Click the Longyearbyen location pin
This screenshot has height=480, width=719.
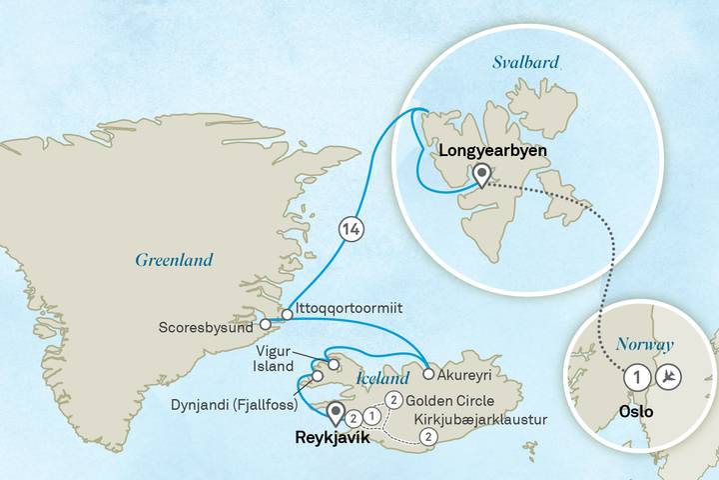481,177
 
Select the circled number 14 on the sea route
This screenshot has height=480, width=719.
350,230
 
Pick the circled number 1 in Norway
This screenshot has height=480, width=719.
634,378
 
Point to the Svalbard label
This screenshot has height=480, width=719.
522,63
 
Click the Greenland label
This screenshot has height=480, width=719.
174,260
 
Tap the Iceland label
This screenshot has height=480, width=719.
382,380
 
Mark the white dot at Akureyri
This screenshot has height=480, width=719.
428,375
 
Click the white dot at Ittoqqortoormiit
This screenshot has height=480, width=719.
288,315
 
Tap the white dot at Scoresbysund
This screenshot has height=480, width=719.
266,324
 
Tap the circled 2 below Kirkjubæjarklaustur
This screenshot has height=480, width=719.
428,436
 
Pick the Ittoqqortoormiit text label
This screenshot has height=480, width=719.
350,309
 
